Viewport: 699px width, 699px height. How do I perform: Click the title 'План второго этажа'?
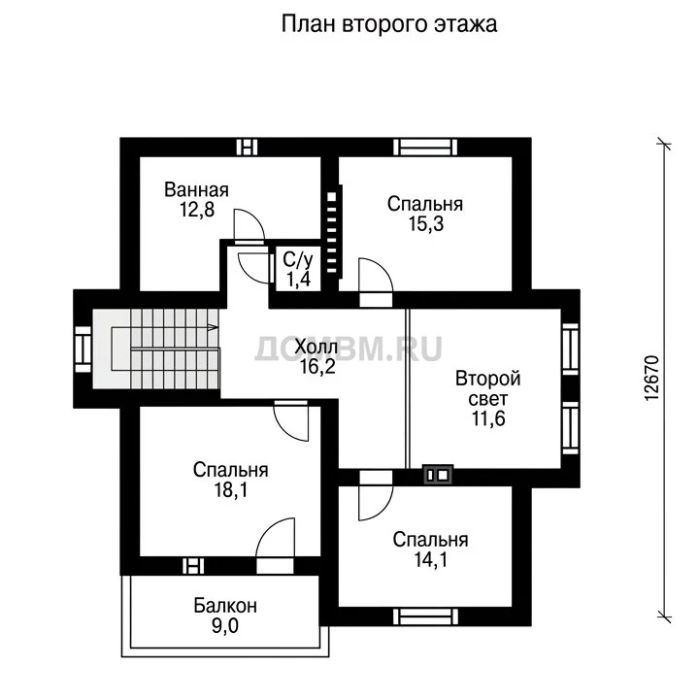[389, 24]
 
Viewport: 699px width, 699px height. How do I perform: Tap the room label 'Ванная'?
[196, 190]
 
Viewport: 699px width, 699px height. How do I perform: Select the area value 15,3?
[426, 224]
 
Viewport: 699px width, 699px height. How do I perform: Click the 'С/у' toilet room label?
[298, 259]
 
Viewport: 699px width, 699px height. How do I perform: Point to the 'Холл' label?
[316, 347]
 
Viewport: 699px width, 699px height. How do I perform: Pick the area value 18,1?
[231, 490]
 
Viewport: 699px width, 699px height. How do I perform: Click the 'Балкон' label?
[225, 606]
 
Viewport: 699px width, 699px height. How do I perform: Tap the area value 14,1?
[431, 559]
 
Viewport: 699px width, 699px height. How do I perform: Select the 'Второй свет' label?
[487, 388]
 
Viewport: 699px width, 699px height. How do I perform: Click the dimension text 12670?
[651, 378]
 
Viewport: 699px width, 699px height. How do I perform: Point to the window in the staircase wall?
[83, 349]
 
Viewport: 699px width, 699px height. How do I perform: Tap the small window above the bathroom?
[247, 148]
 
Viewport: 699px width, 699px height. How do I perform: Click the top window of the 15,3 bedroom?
[426, 148]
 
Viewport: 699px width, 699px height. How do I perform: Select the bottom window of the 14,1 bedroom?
[426, 616]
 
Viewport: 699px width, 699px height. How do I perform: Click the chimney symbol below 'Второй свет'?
[438, 475]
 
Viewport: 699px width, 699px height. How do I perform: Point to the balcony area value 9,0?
[225, 626]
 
